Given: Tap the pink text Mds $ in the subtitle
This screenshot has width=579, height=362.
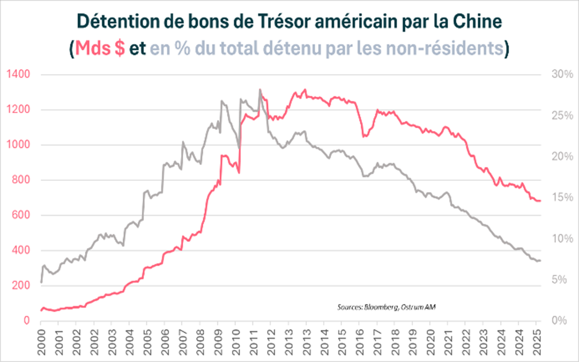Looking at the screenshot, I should coord(100,49).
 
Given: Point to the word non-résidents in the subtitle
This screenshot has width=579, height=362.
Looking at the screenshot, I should coord(444,49).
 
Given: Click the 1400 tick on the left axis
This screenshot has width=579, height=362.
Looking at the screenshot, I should coord(18,74).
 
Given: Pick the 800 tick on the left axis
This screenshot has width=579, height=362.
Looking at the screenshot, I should coord(18,180).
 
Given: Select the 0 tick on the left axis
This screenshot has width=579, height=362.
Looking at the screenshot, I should coord(26,321).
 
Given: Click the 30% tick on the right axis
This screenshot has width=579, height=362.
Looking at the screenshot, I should coord(562,74).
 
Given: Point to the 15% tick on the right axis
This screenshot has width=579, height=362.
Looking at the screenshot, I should coord(562,197).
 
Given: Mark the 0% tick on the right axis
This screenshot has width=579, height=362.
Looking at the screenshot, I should coord(559,321).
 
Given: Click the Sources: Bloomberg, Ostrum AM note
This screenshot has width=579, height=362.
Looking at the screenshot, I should coord(386,307).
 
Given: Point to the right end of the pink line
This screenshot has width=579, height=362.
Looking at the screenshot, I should coord(540,201).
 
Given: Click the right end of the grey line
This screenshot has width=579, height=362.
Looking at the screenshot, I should coord(540,260).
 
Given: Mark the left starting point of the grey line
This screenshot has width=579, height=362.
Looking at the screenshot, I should coord(41,283).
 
